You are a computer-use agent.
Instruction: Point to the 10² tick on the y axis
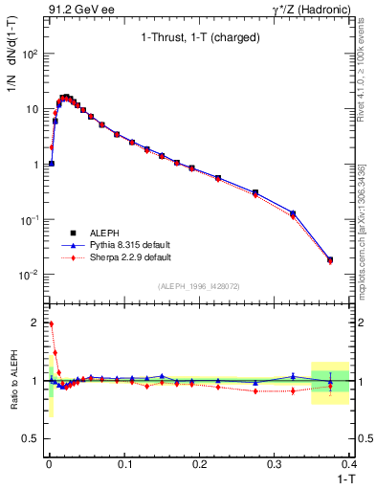pos(31,54)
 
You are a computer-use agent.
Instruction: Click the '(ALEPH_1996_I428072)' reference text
pos(197,286)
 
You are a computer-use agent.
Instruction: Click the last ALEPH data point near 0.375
pos(330,259)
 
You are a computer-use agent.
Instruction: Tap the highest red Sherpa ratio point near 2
pos(51,323)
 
